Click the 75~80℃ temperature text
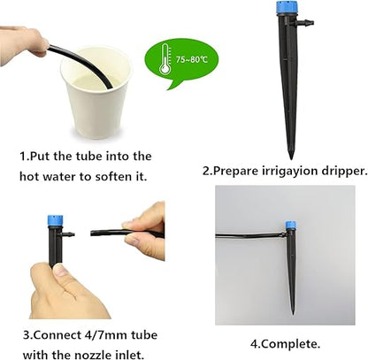(193, 60)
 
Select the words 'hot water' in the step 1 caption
(46, 176)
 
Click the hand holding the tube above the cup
(21, 39)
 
